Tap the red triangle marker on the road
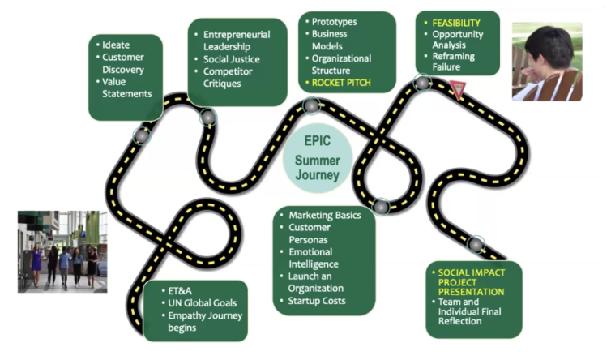[458, 90]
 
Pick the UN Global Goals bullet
[197, 302]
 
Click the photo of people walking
[62, 251]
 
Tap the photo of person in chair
[547, 62]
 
